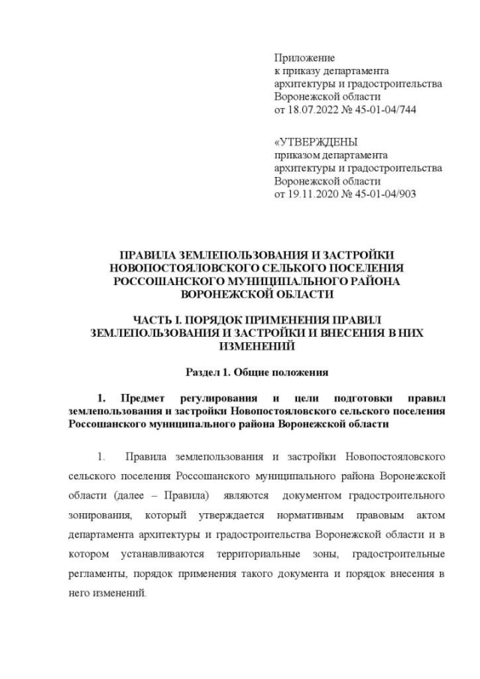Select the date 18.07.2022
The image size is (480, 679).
316,109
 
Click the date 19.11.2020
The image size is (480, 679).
316,194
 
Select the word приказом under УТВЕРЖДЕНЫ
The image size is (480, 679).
295,155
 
